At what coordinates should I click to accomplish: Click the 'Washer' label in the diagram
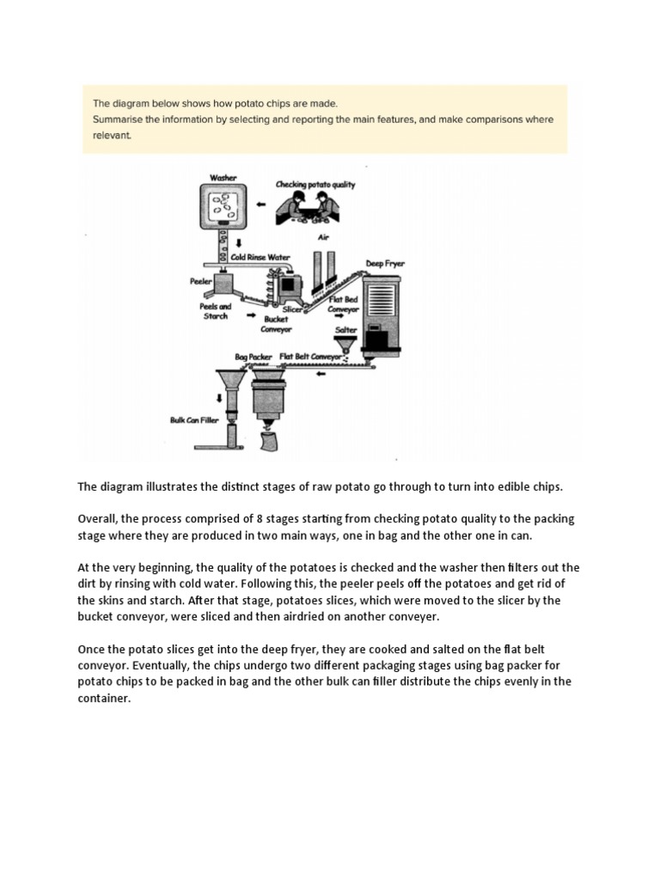pyautogui.click(x=223, y=178)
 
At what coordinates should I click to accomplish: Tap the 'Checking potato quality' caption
pyautogui.click(x=315, y=185)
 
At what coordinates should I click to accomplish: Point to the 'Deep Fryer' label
pyautogui.click(x=385, y=264)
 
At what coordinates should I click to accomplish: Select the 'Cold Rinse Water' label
pyautogui.click(x=260, y=257)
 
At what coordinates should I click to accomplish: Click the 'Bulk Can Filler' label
pyautogui.click(x=192, y=420)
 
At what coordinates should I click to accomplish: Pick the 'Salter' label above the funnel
pyautogui.click(x=346, y=329)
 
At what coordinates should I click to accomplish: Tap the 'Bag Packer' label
pyautogui.click(x=254, y=355)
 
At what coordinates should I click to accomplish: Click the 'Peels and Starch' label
pyautogui.click(x=216, y=311)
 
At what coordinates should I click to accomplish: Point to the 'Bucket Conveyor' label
pyautogui.click(x=276, y=324)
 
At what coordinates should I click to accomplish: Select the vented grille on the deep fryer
pyautogui.click(x=385, y=302)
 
